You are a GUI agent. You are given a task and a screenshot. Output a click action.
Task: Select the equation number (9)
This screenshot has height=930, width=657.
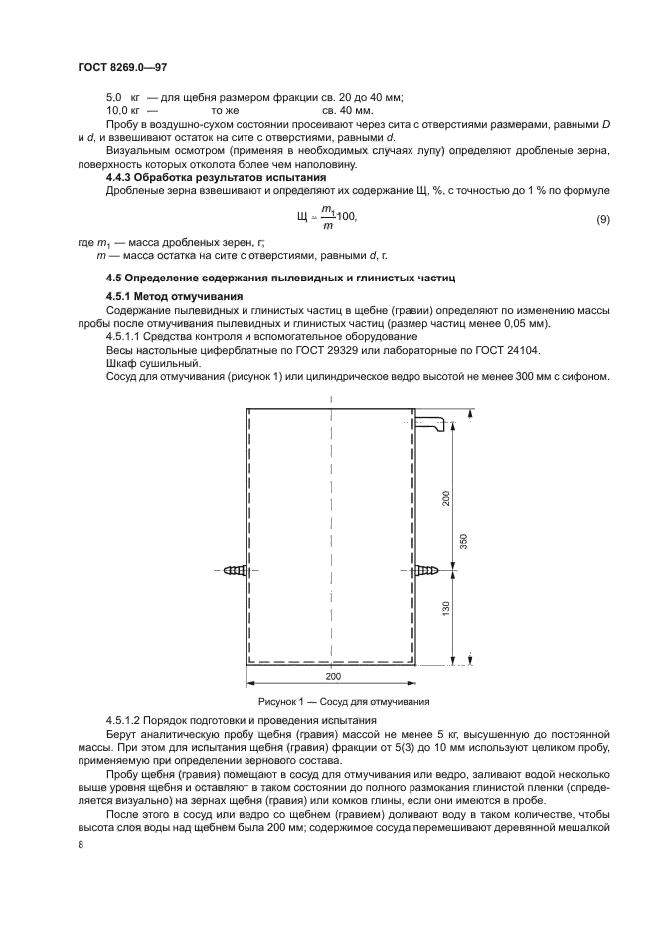click(x=602, y=217)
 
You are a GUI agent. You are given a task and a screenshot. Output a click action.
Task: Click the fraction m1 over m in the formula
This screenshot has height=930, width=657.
click(x=328, y=217)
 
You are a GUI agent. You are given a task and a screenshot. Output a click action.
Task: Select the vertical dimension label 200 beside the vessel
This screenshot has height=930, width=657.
click(x=447, y=497)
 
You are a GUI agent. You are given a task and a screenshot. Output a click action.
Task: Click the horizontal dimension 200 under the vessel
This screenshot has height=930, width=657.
click(x=332, y=675)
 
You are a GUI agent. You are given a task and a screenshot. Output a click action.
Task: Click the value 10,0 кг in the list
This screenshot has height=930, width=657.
click(x=123, y=111)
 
